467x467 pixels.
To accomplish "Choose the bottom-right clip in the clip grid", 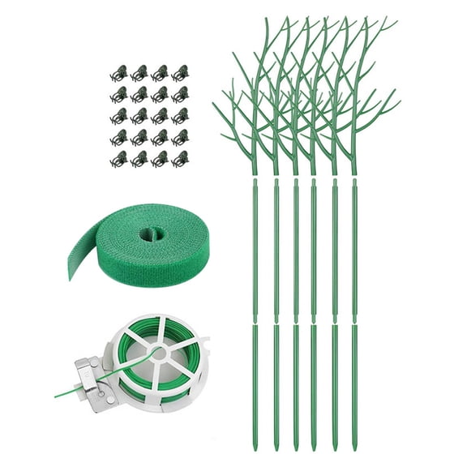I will [x=180, y=158].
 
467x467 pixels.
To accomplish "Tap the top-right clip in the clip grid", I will [x=180, y=73].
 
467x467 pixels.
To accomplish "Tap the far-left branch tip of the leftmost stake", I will [x=213, y=104].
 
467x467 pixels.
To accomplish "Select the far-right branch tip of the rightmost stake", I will [x=400, y=101].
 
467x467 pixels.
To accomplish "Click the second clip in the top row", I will [x=140, y=73].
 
